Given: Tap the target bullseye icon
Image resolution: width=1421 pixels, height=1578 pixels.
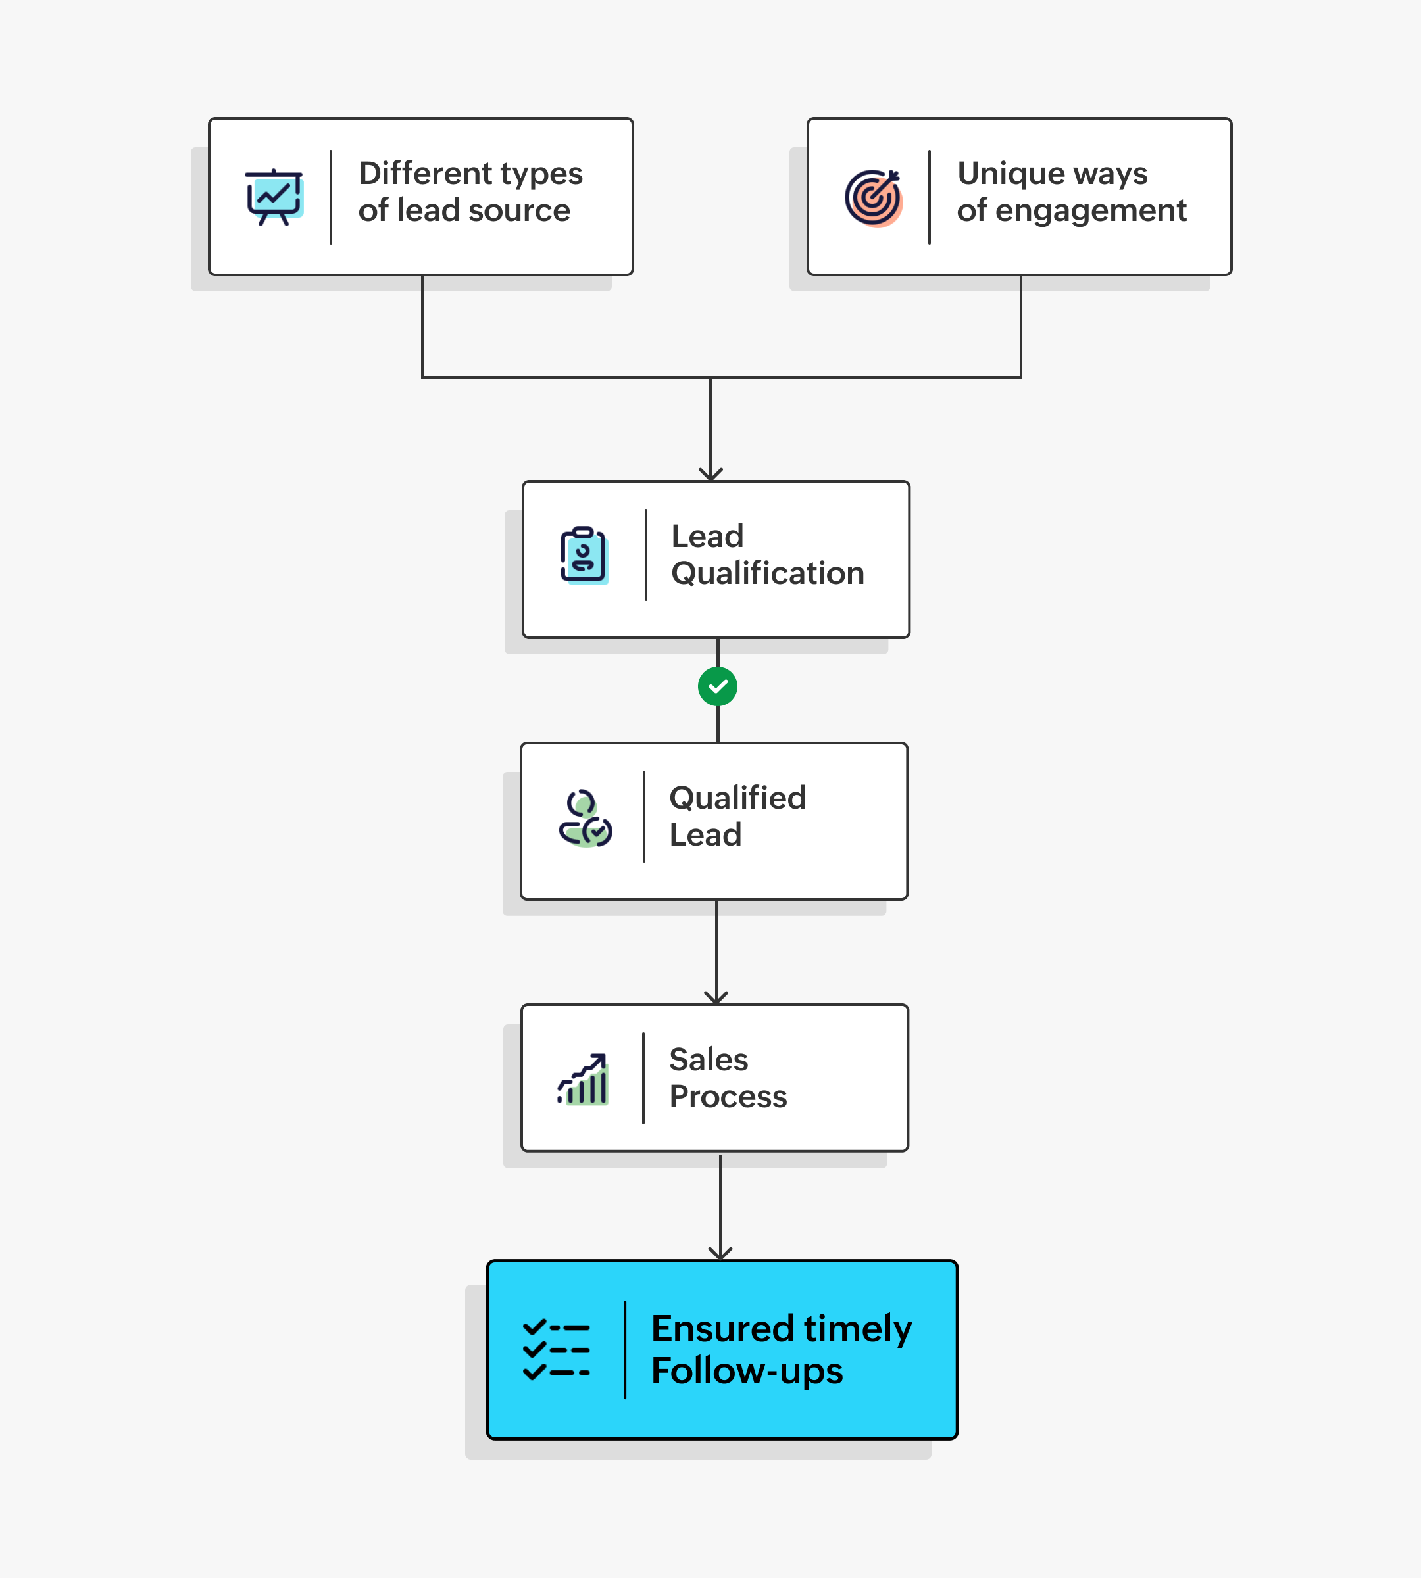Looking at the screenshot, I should [873, 197].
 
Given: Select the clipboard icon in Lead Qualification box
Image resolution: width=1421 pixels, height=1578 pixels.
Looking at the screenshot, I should [584, 556].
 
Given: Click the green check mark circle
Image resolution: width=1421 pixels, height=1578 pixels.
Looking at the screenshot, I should [718, 687].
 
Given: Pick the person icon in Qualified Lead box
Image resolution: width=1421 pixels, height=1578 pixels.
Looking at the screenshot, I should [585, 819].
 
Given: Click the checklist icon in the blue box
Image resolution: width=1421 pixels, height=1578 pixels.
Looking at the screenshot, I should [556, 1350].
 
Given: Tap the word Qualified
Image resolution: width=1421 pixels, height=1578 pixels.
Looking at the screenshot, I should [737, 798].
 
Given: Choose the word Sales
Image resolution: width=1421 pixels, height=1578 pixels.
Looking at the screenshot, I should [708, 1060].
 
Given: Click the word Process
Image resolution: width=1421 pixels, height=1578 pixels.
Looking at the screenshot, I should [728, 1097].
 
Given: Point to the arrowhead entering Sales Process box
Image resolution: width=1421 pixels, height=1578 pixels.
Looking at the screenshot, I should [716, 997].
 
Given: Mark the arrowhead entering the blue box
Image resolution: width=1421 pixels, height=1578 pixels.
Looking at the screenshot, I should [720, 1253].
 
